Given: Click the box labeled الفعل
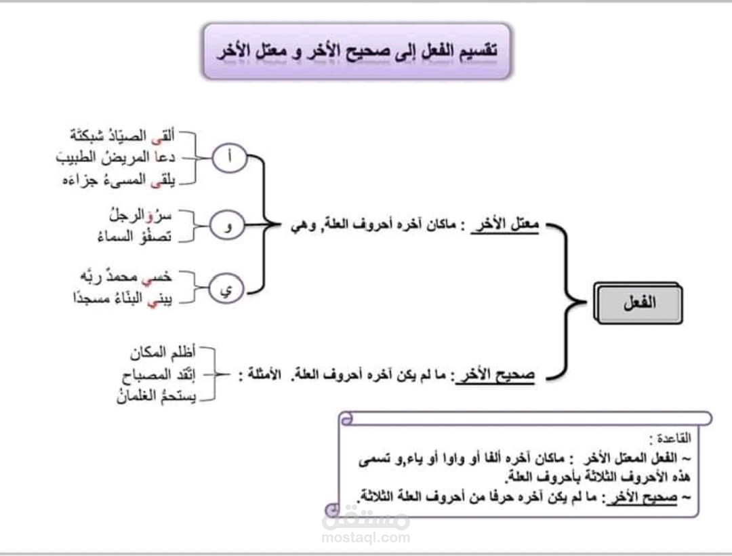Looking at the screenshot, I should click(638, 303).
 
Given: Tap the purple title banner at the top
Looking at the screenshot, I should click(357, 51).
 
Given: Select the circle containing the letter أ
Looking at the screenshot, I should click(229, 157).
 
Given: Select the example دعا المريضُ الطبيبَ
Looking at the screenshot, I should click(116, 157).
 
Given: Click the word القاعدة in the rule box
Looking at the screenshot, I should click(671, 437).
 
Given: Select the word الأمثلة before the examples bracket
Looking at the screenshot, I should click(264, 375).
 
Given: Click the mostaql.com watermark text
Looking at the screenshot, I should click(366, 538).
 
